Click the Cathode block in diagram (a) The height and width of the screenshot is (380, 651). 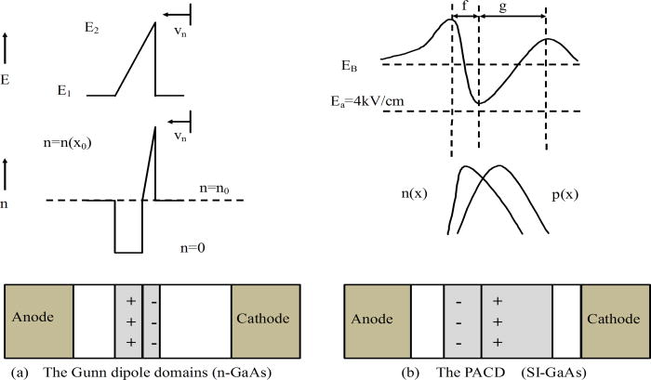pos(265,319)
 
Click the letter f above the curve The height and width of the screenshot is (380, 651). pos(465,7)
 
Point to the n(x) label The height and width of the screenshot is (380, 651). pos(414,196)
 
